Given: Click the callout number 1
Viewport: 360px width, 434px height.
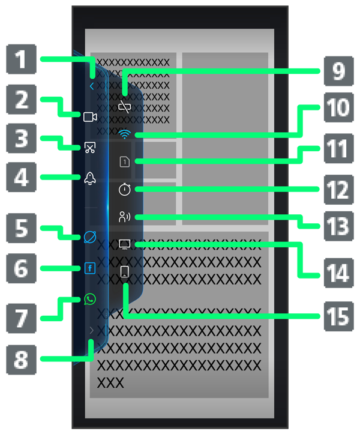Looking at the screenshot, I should click(21, 60).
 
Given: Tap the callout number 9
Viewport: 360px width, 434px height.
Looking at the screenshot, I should click(339, 71).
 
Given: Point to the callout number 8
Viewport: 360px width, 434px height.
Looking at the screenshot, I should click(21, 360).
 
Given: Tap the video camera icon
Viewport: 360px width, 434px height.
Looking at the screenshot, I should click(90, 117).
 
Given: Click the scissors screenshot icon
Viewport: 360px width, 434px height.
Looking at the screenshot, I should click(90, 147).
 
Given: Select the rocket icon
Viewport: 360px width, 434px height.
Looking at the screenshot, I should click(90, 178).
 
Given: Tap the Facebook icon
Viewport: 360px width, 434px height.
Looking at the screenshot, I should click(90, 268).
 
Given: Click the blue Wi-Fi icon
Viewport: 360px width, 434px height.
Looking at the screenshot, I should click(124, 135).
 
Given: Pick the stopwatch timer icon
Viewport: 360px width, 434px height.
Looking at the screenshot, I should click(124, 189).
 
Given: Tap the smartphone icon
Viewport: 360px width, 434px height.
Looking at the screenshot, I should click(125, 273).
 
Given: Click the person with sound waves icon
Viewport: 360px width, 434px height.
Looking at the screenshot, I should click(124, 217).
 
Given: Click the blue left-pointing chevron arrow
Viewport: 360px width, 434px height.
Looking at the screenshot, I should click(91, 86).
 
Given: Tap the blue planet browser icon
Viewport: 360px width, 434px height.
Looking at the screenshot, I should click(90, 238).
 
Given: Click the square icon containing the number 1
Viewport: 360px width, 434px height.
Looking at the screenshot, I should click(124, 161).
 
